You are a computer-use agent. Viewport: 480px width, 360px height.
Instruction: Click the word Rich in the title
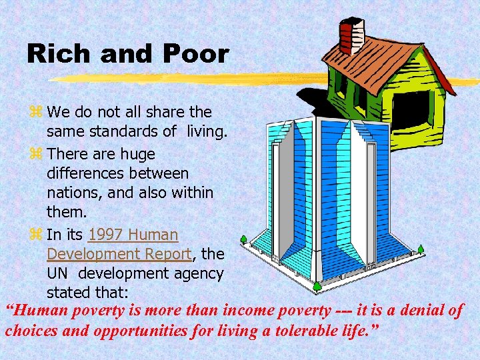(x=56, y=54)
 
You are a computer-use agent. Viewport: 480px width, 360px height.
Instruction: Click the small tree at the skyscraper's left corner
(x=245, y=238)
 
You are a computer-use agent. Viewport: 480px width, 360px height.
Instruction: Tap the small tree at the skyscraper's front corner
(x=317, y=286)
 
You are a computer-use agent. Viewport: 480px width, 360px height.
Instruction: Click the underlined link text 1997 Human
(x=133, y=235)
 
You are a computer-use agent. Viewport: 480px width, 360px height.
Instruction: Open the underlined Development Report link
(x=119, y=254)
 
